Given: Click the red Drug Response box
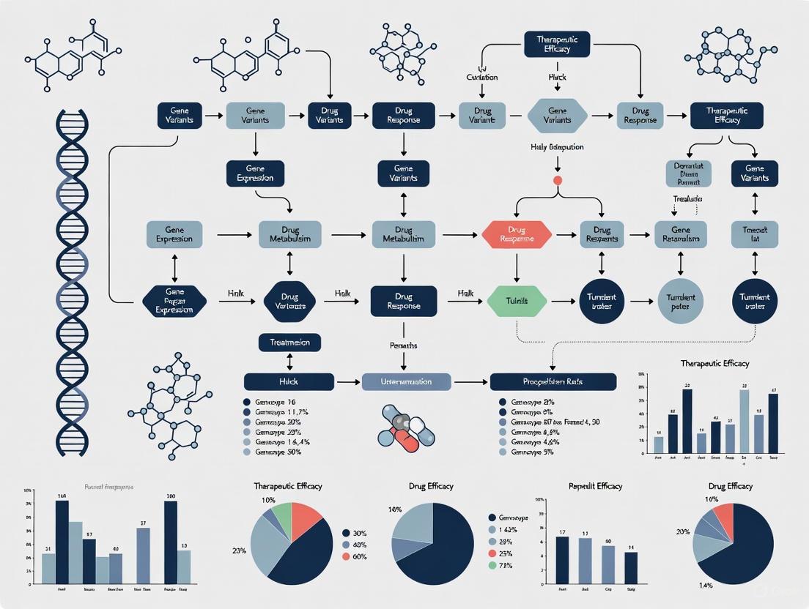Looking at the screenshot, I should pyautogui.click(x=517, y=234).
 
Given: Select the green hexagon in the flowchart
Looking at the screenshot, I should pyautogui.click(x=517, y=301).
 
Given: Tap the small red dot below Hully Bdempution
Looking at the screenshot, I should pyautogui.click(x=558, y=179).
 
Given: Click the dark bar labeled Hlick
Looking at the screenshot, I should pyautogui.click(x=289, y=381).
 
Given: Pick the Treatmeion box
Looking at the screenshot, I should pyautogui.click(x=289, y=342).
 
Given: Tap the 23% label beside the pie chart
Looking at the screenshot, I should pyautogui.click(x=239, y=550).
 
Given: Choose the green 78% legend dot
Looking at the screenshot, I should pyautogui.click(x=492, y=565).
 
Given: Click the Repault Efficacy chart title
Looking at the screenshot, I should pyautogui.click(x=595, y=486).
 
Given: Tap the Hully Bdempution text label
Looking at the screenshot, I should pyautogui.click(x=557, y=147).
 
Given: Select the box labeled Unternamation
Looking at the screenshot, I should pyautogui.click(x=396, y=381).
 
